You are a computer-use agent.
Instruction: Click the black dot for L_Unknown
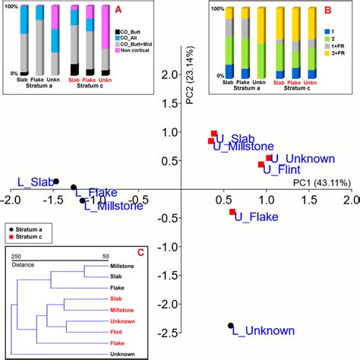231,326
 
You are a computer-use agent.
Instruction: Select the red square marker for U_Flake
232,212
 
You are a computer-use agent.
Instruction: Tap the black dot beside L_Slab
55,182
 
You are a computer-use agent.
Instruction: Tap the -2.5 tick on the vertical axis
171,333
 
